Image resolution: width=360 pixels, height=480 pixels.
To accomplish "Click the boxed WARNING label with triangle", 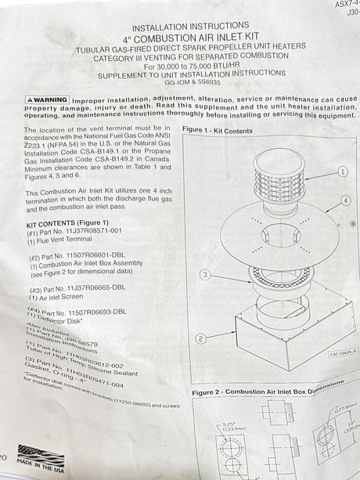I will click(x=47, y=101).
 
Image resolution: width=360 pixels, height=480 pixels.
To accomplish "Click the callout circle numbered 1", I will click(x=343, y=171).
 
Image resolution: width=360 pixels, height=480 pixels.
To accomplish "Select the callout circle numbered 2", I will click(x=201, y=339).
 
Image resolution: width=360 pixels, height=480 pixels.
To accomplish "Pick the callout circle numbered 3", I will click(x=204, y=275).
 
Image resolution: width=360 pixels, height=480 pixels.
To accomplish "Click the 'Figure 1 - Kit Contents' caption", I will click(x=217, y=130).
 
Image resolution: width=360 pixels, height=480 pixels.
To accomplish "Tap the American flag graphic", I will click(x=40, y=455).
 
